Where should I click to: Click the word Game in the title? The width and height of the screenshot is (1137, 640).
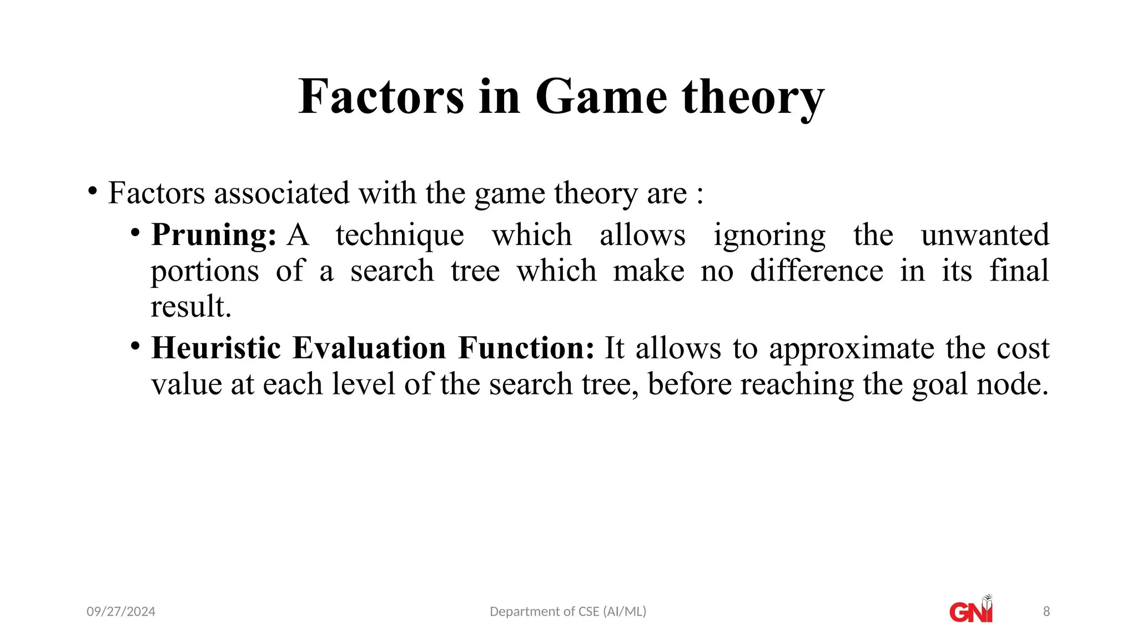coord(601,97)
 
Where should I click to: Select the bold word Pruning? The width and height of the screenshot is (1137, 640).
coord(213,235)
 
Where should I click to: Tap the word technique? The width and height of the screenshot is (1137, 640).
coord(400,235)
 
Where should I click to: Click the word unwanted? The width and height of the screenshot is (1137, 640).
coord(985,235)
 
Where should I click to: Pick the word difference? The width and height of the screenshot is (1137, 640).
coord(816,271)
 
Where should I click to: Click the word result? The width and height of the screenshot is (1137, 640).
coord(190,307)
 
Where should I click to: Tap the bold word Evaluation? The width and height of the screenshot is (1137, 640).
coord(369,348)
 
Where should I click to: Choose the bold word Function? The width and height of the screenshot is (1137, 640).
coord(526,348)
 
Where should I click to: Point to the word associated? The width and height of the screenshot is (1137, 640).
coord(281,193)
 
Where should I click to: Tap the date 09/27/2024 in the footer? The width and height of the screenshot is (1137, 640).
coord(121,612)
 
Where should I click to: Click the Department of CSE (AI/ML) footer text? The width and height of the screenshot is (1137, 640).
coord(568,612)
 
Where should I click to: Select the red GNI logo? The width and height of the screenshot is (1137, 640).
coord(971,611)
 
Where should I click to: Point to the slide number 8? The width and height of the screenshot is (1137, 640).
coord(1047,612)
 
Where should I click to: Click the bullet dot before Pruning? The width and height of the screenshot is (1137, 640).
coord(135,232)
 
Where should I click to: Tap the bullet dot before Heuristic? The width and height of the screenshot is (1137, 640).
coord(135,346)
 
